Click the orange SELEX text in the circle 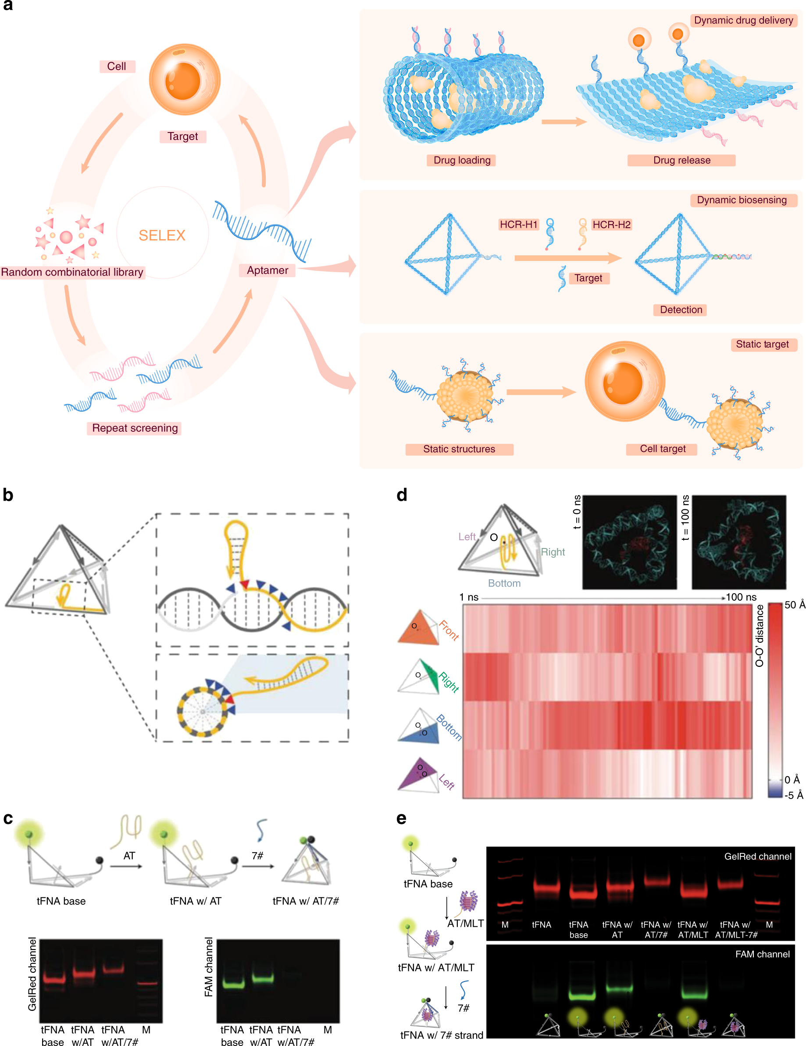point(162,235)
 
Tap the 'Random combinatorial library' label point(72,272)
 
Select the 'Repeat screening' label point(135,428)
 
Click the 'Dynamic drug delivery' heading point(743,20)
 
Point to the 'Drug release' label point(681,160)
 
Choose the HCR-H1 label point(519,225)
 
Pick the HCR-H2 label point(611,225)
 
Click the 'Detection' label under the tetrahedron point(681,309)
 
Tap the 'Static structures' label point(459,449)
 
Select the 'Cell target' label point(663,449)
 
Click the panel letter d point(402,495)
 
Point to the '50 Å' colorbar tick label point(795,605)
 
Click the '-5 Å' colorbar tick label point(793,795)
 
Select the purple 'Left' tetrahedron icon point(418,774)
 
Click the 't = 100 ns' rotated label point(685,518)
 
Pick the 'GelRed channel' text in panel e point(758,856)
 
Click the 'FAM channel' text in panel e point(762,954)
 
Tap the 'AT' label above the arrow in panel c point(129,856)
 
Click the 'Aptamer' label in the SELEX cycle point(267,270)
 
